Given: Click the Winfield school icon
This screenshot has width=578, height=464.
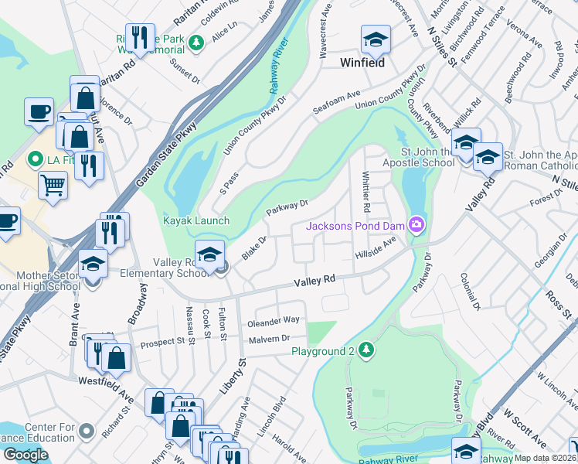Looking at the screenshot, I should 376,39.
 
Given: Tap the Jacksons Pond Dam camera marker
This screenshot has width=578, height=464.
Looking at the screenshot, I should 417,225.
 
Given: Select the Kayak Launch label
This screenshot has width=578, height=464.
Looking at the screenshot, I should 195,220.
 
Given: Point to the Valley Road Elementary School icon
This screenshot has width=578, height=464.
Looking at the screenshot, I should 209,254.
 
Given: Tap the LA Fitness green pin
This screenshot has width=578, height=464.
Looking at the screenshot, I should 34,160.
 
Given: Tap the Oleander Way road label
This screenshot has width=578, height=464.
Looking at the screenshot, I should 273,320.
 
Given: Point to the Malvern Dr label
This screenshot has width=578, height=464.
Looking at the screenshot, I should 269,338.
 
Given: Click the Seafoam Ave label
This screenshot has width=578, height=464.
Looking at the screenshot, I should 337,104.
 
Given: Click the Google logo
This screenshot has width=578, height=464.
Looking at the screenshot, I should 25,455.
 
